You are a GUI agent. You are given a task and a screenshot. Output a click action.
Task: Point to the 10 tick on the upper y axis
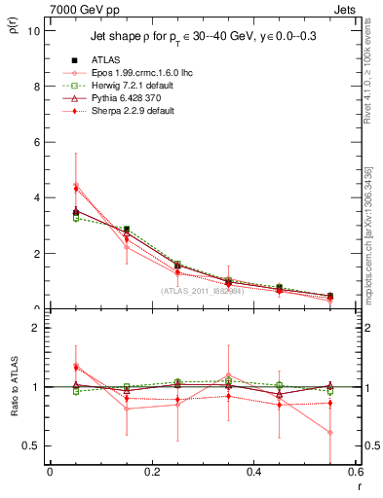[33, 30]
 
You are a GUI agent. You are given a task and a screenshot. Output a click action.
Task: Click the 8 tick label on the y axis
[35, 86]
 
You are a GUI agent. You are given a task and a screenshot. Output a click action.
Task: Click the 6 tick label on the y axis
[35, 142]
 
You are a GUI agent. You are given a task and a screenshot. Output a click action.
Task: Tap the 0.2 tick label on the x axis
[151, 472]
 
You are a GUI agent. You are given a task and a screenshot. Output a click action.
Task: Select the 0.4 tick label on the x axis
[253, 472]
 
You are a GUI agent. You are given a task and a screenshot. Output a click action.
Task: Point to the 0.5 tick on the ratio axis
[30, 445]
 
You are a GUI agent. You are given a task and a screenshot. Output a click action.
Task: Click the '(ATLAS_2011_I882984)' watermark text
[202, 290]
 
